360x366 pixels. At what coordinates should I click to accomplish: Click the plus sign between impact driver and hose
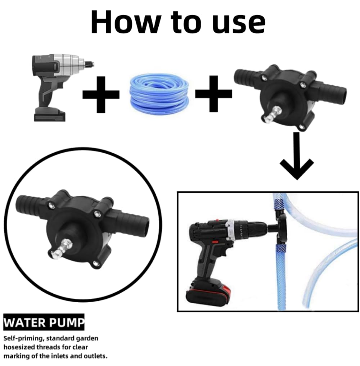[101, 95]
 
